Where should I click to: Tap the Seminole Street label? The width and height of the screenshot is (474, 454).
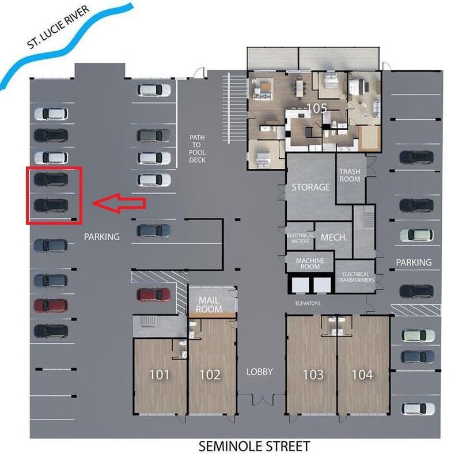tap(254, 445)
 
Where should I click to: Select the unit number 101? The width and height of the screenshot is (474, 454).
tap(160, 374)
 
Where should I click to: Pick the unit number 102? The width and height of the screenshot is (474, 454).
tap(210, 374)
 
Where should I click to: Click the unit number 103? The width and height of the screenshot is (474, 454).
tap(313, 374)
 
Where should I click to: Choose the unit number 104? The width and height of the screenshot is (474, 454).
tap(362, 374)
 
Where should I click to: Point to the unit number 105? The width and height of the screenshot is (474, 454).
tap(316, 108)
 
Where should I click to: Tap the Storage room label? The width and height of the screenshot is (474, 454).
tap(310, 187)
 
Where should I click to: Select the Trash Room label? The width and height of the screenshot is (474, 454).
tap(350, 175)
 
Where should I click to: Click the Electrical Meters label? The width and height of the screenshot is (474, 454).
tap(300, 239)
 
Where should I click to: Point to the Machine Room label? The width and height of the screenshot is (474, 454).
tap(310, 264)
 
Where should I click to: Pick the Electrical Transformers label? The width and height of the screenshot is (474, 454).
tap(355, 277)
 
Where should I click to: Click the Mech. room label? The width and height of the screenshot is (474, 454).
tap(332, 237)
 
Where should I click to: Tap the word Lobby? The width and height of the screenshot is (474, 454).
tap(259, 372)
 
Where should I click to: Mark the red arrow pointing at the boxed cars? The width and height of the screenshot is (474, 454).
tap(119, 203)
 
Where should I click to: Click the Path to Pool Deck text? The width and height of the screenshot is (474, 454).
tap(197, 149)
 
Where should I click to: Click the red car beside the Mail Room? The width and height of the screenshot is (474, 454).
tap(154, 294)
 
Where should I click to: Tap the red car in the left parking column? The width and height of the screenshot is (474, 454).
tap(50, 305)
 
